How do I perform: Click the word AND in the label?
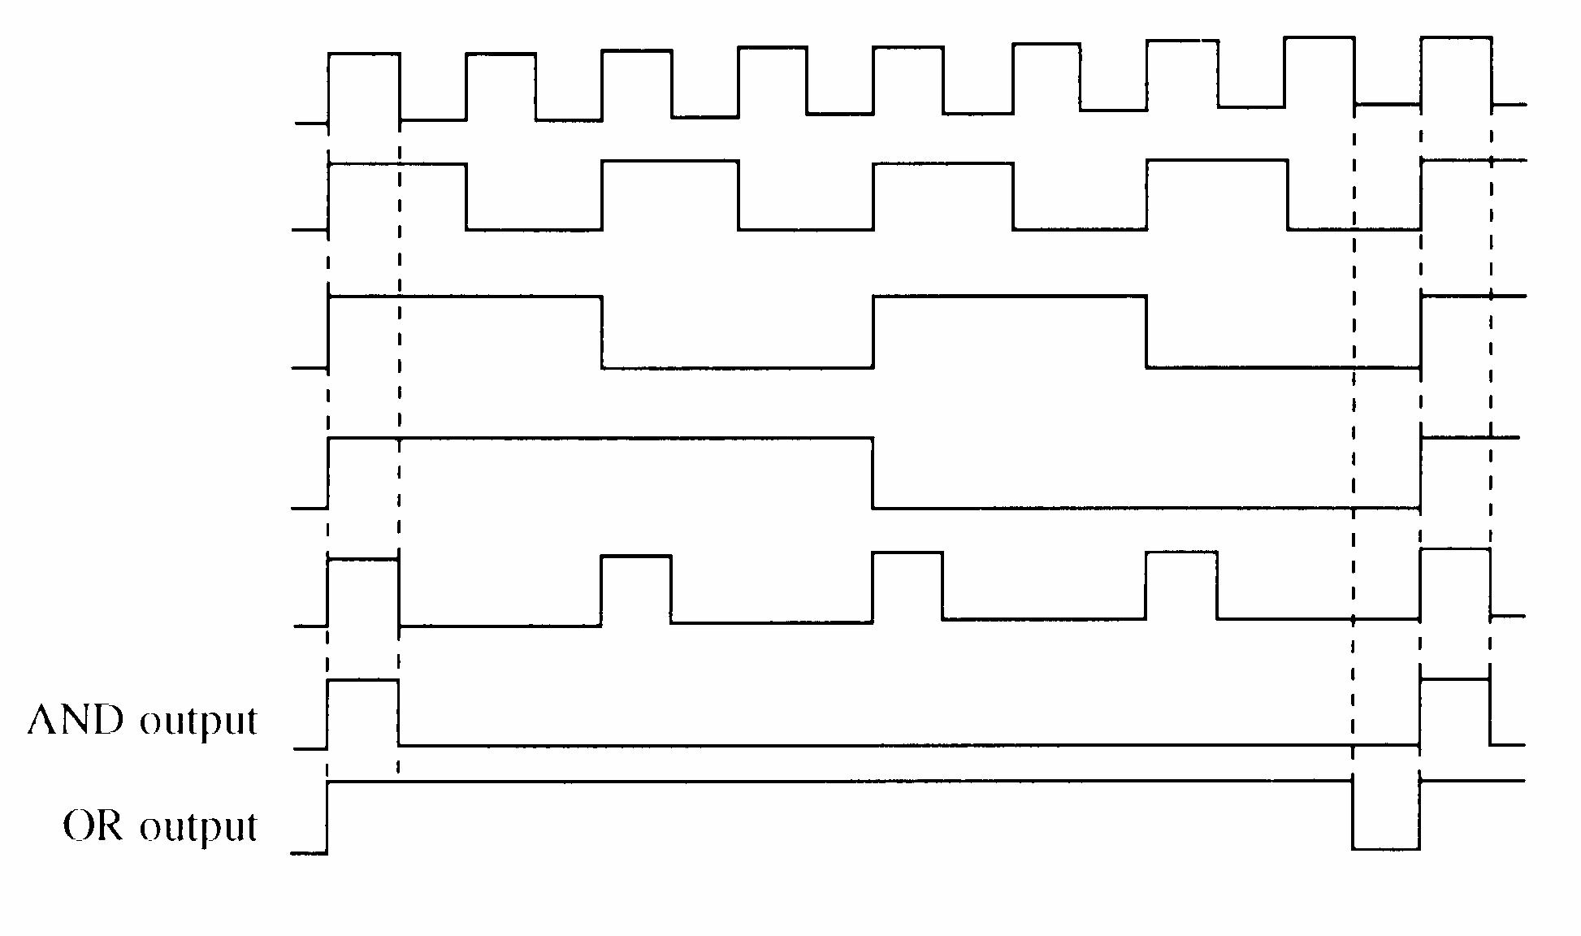(76, 720)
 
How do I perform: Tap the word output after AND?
(198, 721)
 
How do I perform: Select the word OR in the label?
(93, 825)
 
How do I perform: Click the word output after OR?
(198, 827)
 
